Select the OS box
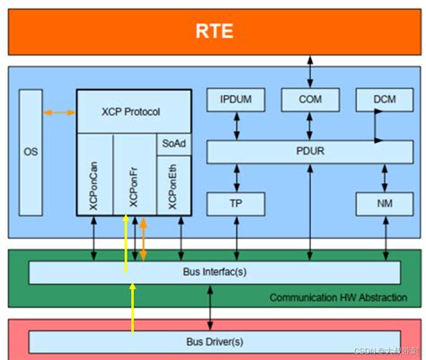click(31, 152)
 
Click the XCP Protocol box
click(133, 111)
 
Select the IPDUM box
click(236, 99)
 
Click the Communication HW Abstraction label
click(338, 296)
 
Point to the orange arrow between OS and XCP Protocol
click(59, 112)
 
